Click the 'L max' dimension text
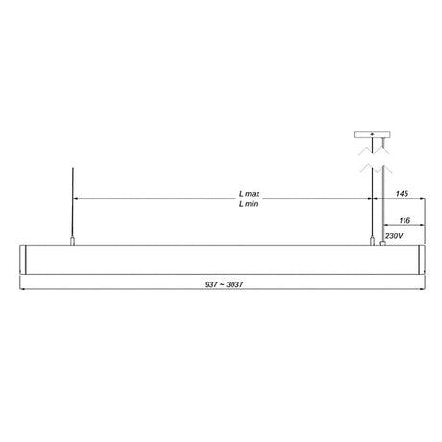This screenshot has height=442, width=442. pos(248,194)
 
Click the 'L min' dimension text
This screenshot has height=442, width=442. pos(248,204)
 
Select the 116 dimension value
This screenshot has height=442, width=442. pos(405,219)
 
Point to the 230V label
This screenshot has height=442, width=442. pos(393,235)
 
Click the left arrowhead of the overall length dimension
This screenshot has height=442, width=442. pos(23,291)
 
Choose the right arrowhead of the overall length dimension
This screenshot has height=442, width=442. pos(421,291)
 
